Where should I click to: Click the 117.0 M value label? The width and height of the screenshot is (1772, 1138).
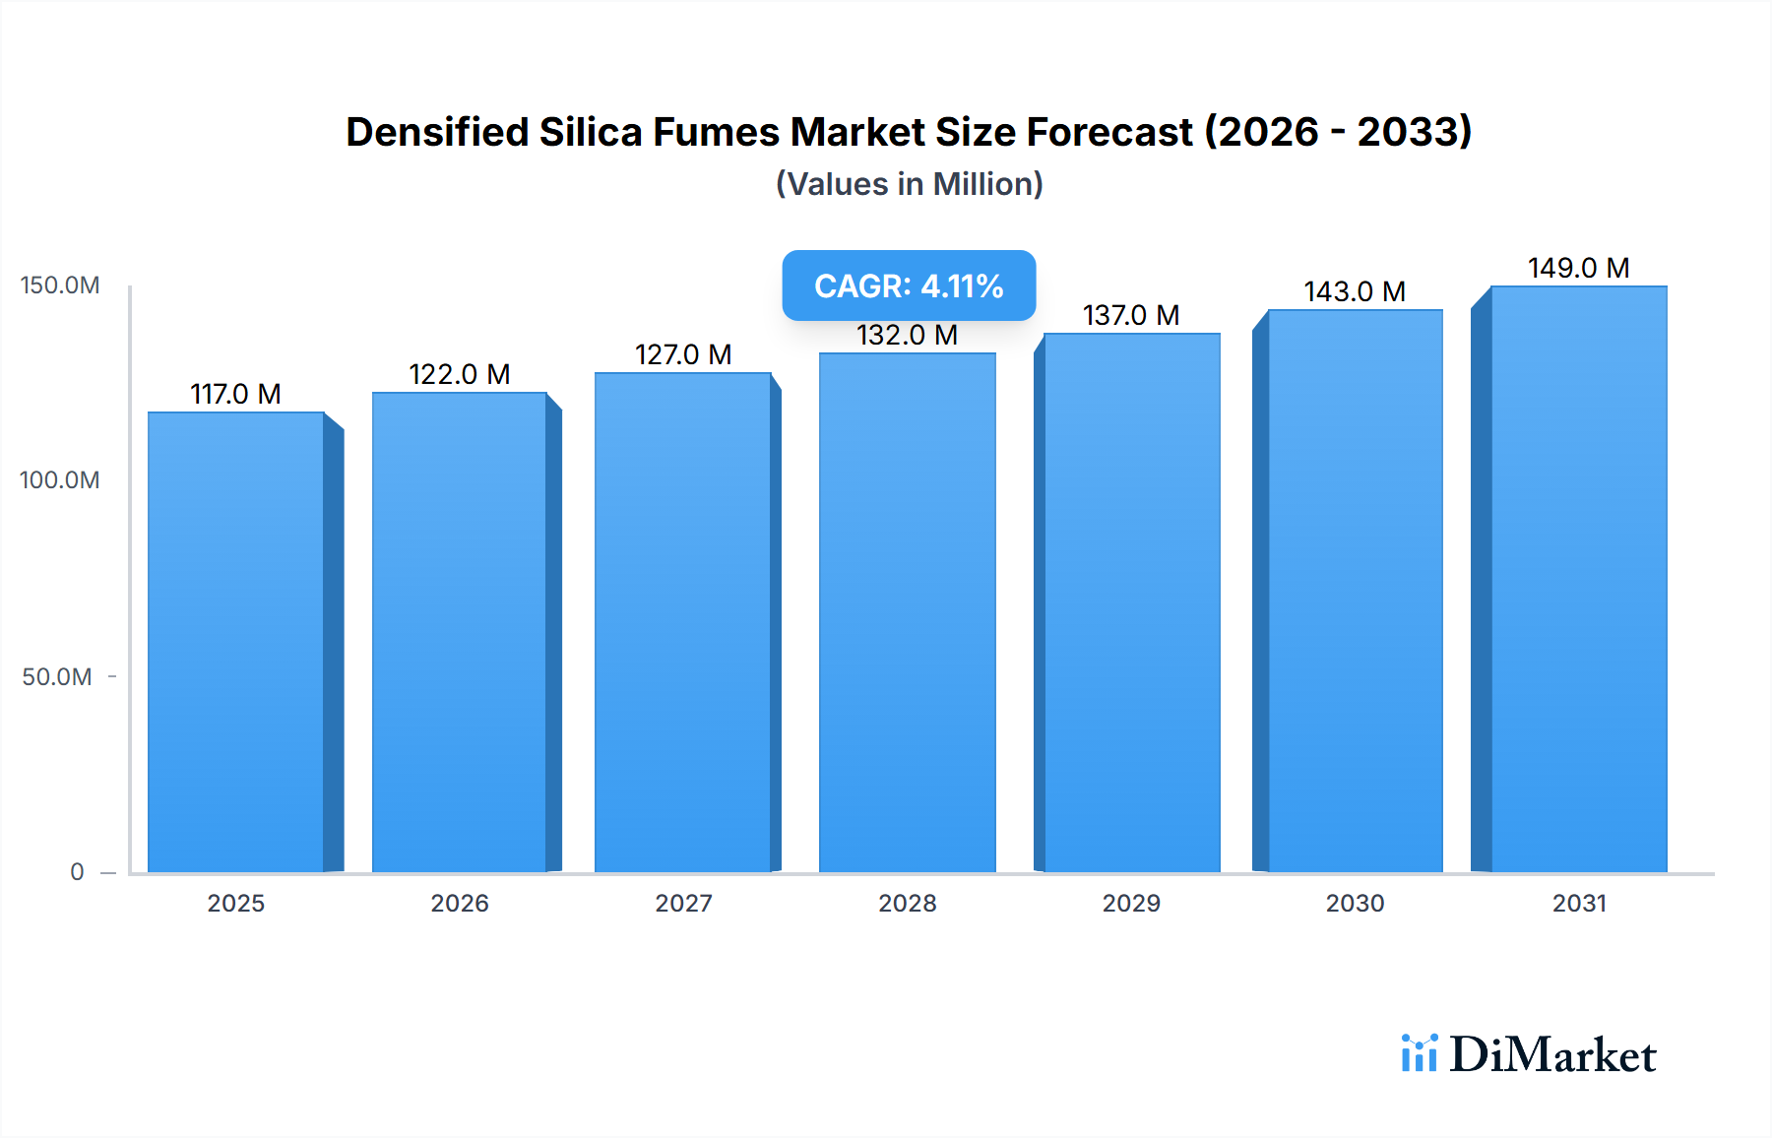tap(235, 395)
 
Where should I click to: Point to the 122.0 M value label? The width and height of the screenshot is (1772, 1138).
tap(459, 375)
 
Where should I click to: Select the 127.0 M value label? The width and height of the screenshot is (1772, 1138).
tap(683, 355)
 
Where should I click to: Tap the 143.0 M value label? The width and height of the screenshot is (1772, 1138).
tap(1355, 292)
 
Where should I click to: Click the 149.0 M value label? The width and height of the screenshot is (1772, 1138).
tap(1578, 269)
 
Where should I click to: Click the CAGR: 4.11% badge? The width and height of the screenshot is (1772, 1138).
tap(909, 285)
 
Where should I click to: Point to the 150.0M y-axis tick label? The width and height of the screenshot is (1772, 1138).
tap(60, 285)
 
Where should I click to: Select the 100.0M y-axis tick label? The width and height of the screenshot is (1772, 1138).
tap(60, 480)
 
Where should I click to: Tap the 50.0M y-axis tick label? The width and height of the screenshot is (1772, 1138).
tap(57, 677)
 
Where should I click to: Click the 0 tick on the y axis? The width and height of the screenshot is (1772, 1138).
tap(77, 872)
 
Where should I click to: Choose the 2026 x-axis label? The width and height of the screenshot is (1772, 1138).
tap(460, 904)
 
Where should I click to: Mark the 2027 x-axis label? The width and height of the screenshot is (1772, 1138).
tap(683, 904)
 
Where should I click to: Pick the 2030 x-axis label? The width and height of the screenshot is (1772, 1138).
tap(1355, 904)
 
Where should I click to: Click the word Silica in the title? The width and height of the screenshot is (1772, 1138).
tap(590, 132)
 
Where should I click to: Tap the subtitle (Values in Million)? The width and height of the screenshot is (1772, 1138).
tap(909, 184)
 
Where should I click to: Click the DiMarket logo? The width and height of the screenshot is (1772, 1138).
tap(1528, 1054)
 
